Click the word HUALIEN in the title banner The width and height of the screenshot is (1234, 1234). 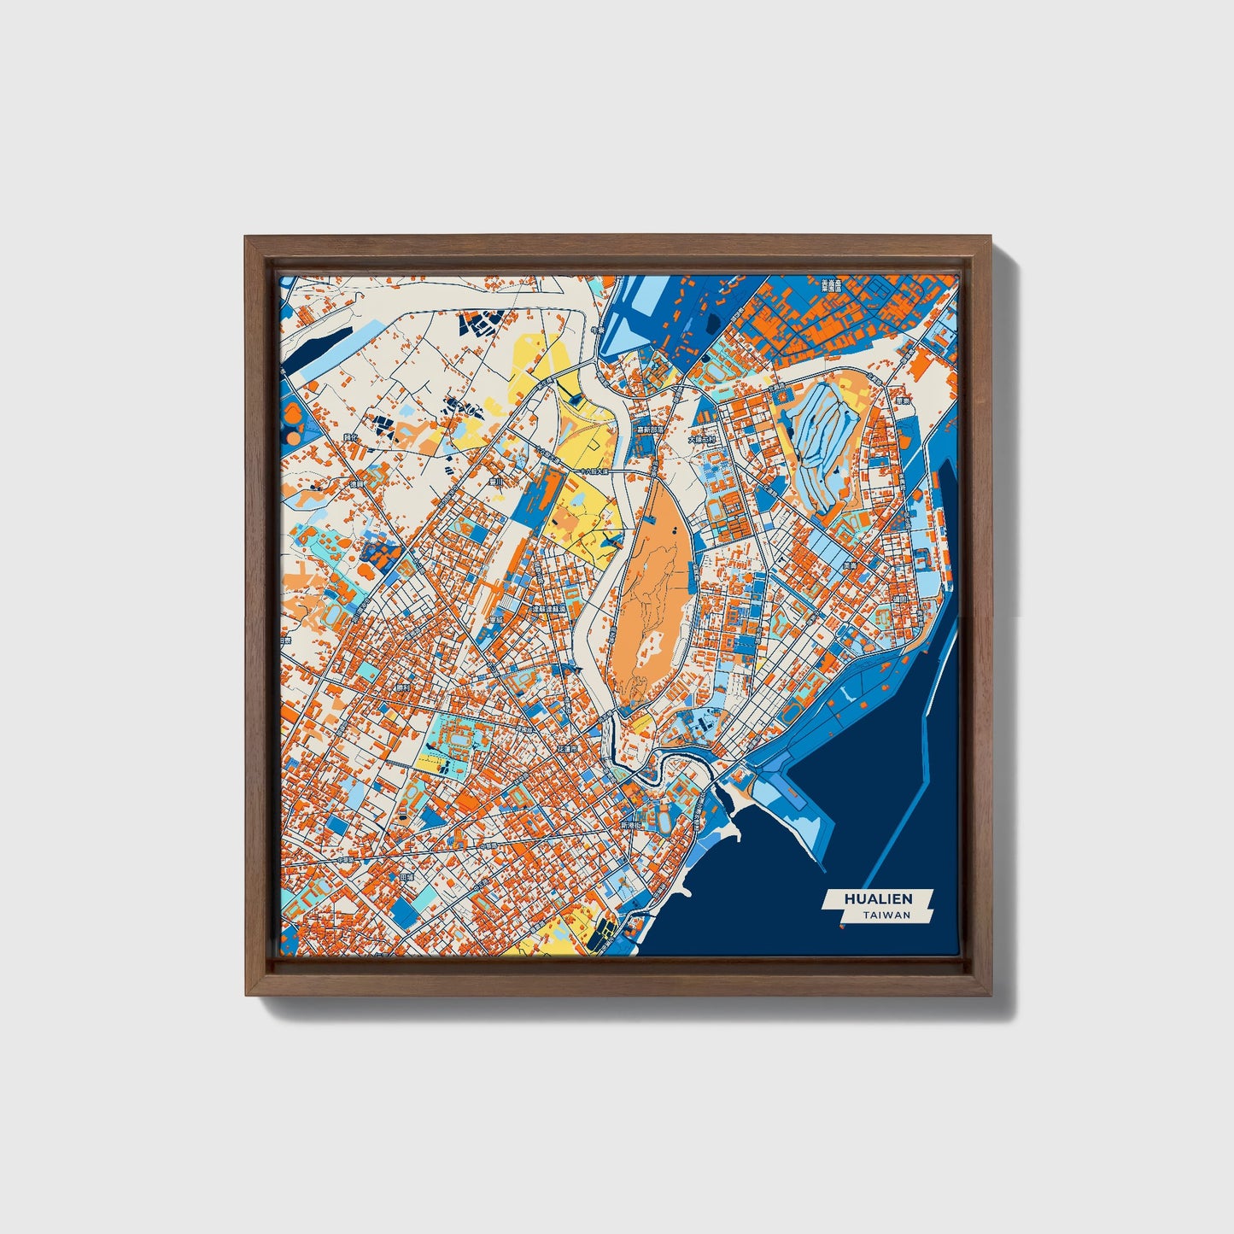click(x=878, y=898)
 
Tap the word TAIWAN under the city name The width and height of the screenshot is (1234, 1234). click(x=886, y=915)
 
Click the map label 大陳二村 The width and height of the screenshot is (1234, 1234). click(x=703, y=440)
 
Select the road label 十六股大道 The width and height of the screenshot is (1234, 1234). click(x=597, y=470)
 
